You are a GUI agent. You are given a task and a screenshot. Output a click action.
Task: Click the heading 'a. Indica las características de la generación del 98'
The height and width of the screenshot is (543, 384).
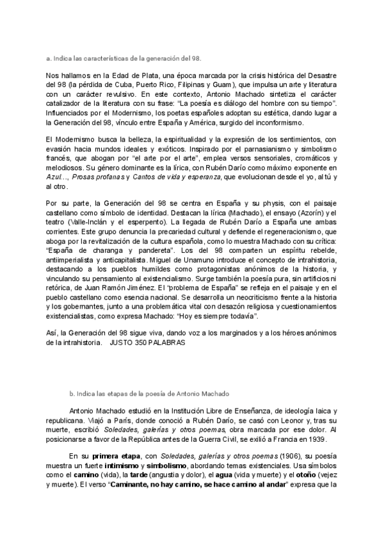[x=124, y=58]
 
